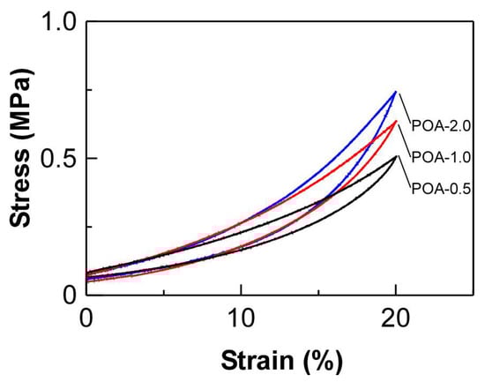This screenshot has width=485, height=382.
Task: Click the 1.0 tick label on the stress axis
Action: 55,21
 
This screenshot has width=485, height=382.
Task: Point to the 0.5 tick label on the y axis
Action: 55,159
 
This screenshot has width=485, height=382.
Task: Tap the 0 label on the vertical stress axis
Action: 66,296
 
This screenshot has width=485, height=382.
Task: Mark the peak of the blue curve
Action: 396,91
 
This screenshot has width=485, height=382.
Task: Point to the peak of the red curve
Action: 396,121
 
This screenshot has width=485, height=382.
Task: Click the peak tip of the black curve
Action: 397,156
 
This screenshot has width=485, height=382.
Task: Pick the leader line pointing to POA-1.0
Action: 405,139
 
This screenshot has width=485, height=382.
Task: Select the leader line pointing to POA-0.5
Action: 405,170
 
